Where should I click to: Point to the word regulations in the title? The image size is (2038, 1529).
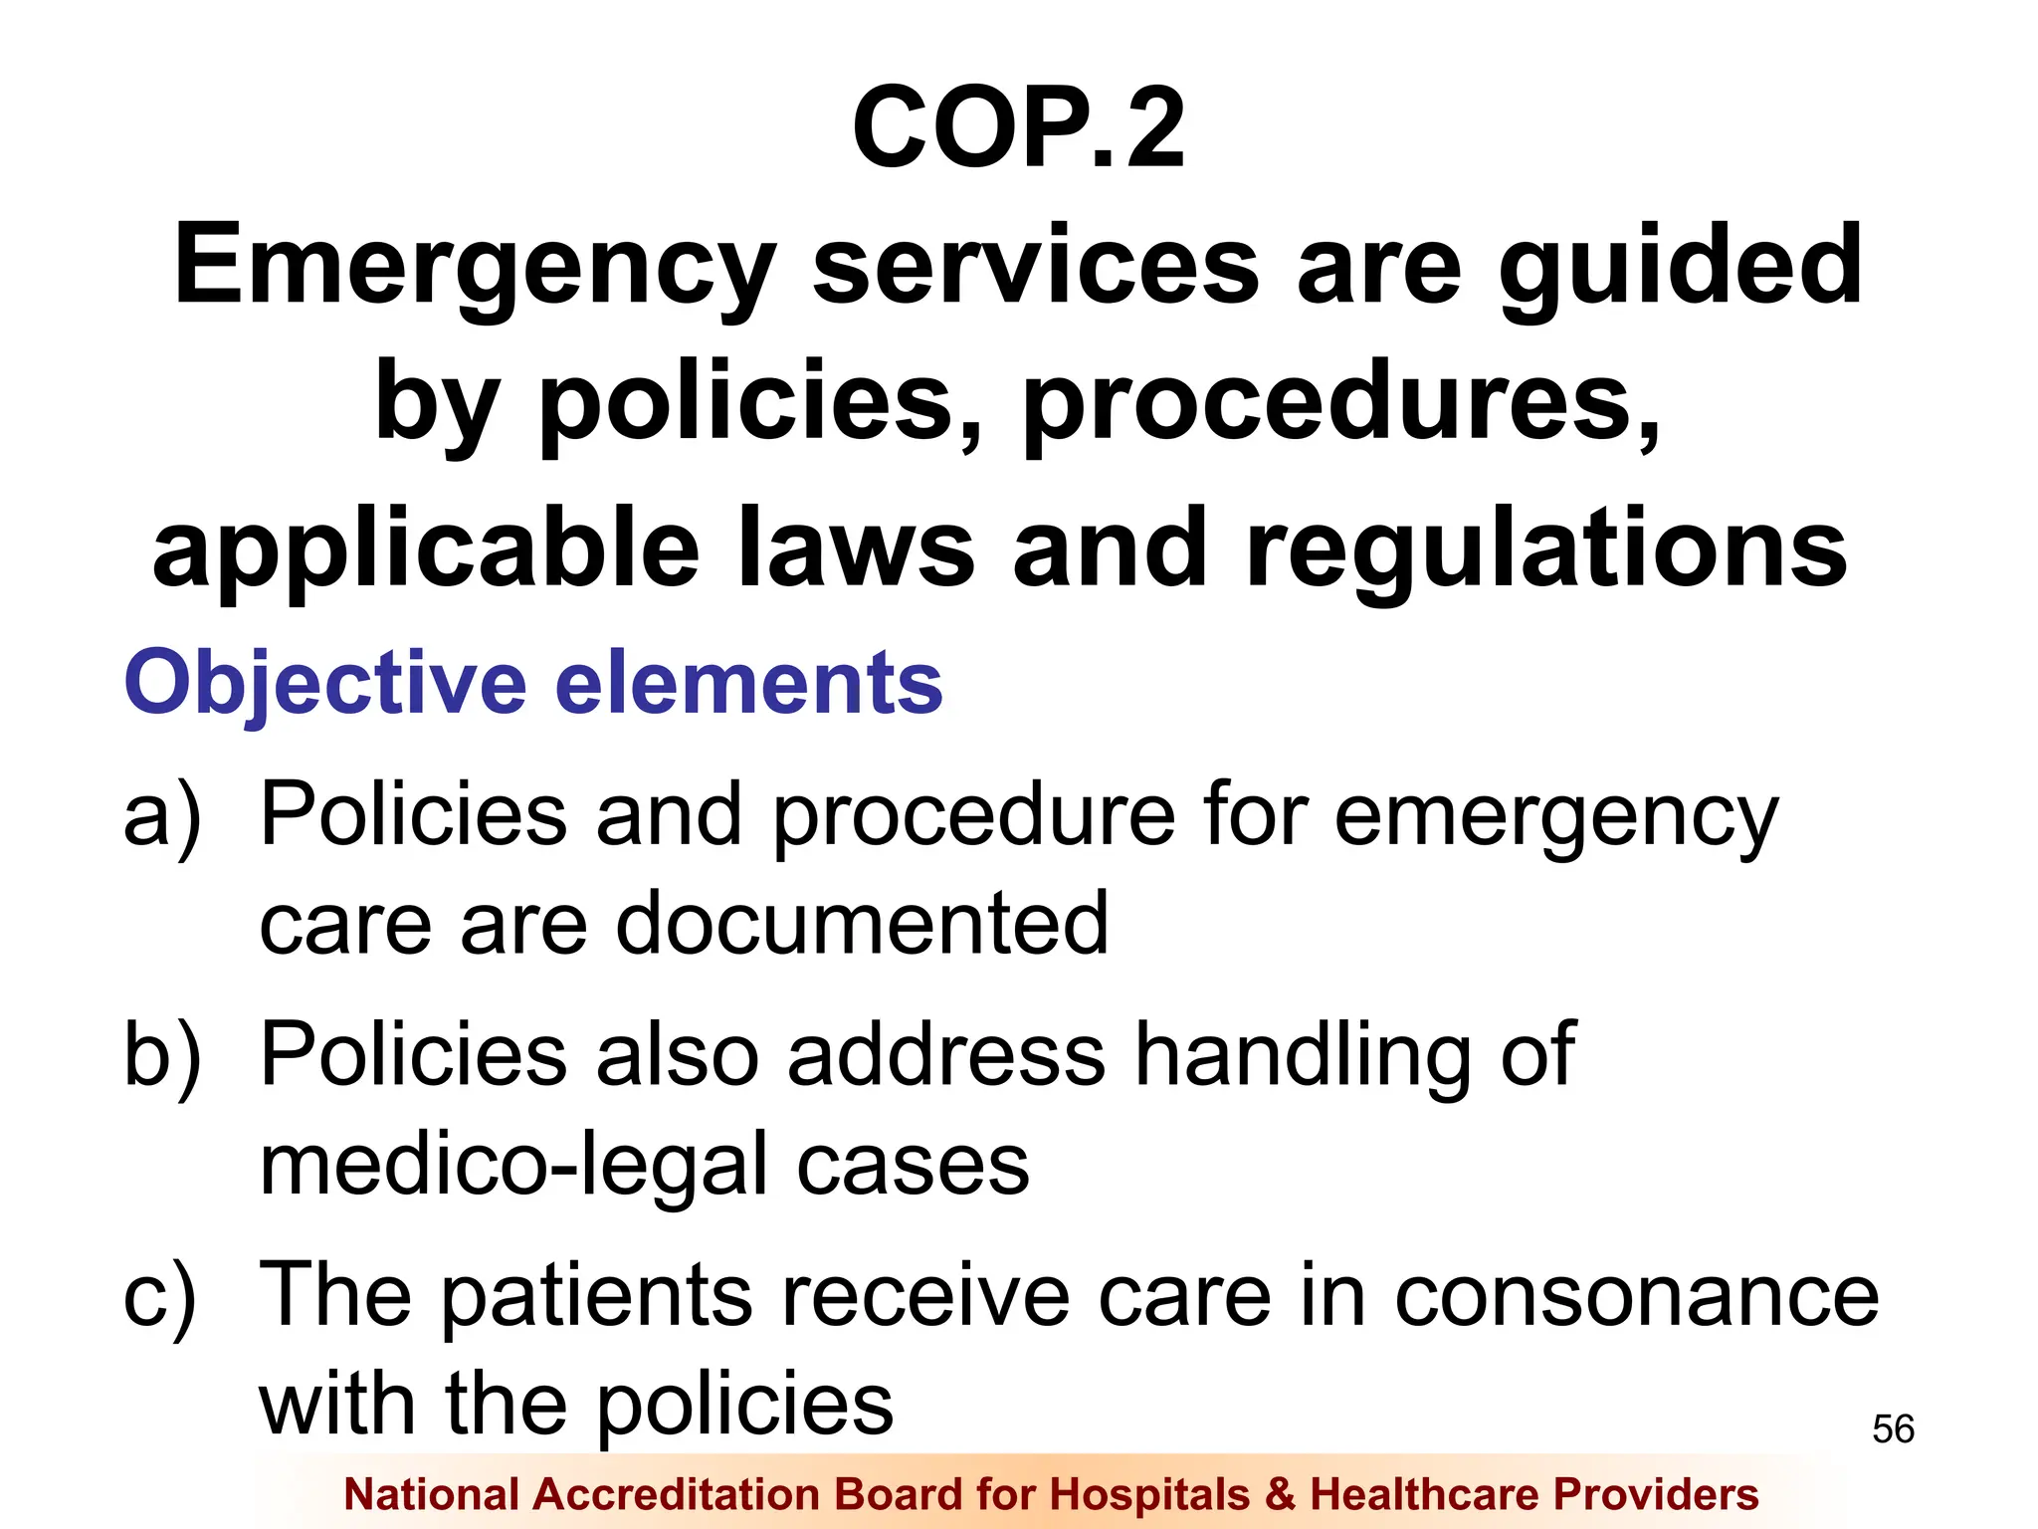[x=1546, y=549]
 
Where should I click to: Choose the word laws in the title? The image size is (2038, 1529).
[x=856, y=549]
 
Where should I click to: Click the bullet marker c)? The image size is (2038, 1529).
[x=160, y=1297]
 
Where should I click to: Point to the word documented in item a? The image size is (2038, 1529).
[x=862, y=924]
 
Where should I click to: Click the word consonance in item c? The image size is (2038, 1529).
[x=1636, y=1297]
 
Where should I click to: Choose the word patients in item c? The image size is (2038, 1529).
[x=596, y=1297]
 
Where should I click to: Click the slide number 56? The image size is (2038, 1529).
[x=1893, y=1429]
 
